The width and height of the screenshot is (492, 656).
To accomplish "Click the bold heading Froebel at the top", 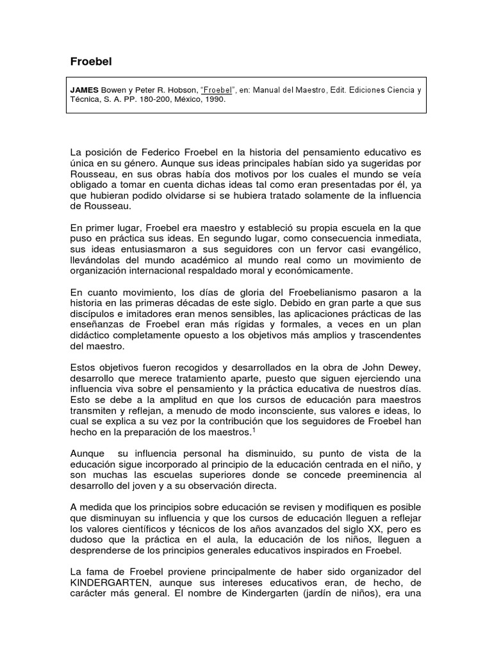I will (x=90, y=62).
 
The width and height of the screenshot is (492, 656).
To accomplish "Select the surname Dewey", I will (x=407, y=367).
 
